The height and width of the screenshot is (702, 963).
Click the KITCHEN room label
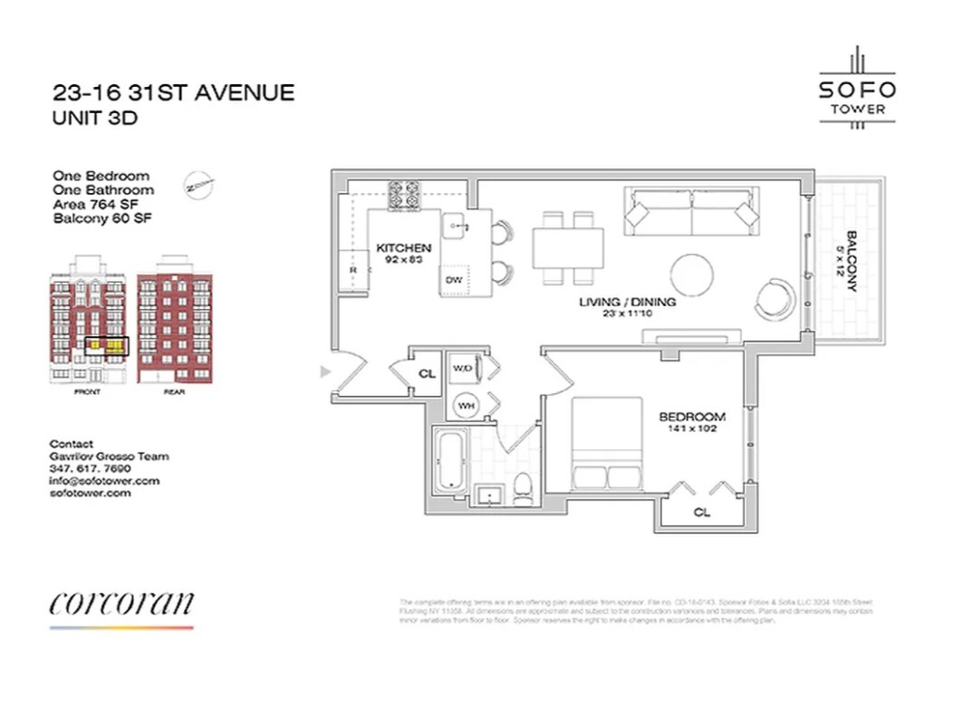pyautogui.click(x=403, y=248)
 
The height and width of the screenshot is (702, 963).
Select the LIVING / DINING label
pyautogui.click(x=628, y=302)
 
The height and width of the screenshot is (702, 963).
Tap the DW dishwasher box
pyautogui.click(x=453, y=281)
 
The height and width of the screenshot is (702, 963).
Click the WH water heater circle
pyautogui.click(x=466, y=405)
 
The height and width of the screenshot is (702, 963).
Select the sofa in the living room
pyautogui.click(x=692, y=214)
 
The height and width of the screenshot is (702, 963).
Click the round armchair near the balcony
pyautogui.click(x=777, y=295)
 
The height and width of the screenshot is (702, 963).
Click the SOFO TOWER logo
pyautogui.click(x=857, y=96)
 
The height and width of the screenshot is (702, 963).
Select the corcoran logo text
pyautogui.click(x=121, y=602)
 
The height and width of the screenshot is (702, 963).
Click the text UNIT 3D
pyautogui.click(x=95, y=118)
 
